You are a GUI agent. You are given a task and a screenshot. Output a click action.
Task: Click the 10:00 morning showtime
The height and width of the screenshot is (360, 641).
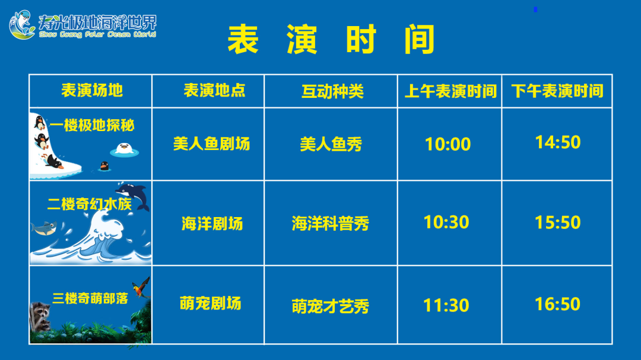coord(448,144)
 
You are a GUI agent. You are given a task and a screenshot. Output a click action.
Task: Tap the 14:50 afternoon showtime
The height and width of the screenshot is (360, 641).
coord(557,142)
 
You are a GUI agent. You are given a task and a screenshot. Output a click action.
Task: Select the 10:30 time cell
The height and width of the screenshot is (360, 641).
coord(446,222)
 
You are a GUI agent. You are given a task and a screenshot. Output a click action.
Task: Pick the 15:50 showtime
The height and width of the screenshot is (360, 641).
coord(557,222)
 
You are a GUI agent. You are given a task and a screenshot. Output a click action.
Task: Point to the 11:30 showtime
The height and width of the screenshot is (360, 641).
coord(446,305)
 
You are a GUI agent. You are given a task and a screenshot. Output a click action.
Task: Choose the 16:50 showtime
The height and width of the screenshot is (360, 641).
coord(557,304)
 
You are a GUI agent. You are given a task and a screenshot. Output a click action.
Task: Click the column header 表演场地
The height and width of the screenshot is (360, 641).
coord(92,90)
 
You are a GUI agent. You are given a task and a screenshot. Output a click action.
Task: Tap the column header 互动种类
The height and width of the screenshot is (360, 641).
coord(332,91)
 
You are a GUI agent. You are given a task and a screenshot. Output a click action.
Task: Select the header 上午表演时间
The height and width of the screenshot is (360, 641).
coord(450,91)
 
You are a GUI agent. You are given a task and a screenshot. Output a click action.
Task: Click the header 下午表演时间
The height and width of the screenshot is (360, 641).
coord(557,91)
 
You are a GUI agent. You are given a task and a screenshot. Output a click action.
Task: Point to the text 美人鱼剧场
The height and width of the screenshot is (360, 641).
coord(211,144)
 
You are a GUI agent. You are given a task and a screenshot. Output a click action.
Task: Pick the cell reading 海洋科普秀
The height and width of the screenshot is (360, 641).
coord(331,224)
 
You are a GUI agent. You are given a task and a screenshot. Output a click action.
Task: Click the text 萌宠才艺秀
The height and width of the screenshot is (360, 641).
coord(331,306)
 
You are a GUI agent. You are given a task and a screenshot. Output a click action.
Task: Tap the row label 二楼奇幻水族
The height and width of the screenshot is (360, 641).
coord(90,204)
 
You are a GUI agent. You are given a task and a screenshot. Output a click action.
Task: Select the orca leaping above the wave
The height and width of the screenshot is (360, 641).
coord(133,195)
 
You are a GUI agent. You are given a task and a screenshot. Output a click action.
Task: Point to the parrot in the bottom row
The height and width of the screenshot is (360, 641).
coord(141,288)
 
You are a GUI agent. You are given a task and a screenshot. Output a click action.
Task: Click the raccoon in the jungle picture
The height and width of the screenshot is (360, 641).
coord(40,316)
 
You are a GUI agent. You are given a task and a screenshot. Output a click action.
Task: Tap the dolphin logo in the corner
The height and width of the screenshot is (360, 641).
coord(22,24)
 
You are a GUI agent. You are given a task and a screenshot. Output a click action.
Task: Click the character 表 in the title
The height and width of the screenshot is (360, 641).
coord(243,39)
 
